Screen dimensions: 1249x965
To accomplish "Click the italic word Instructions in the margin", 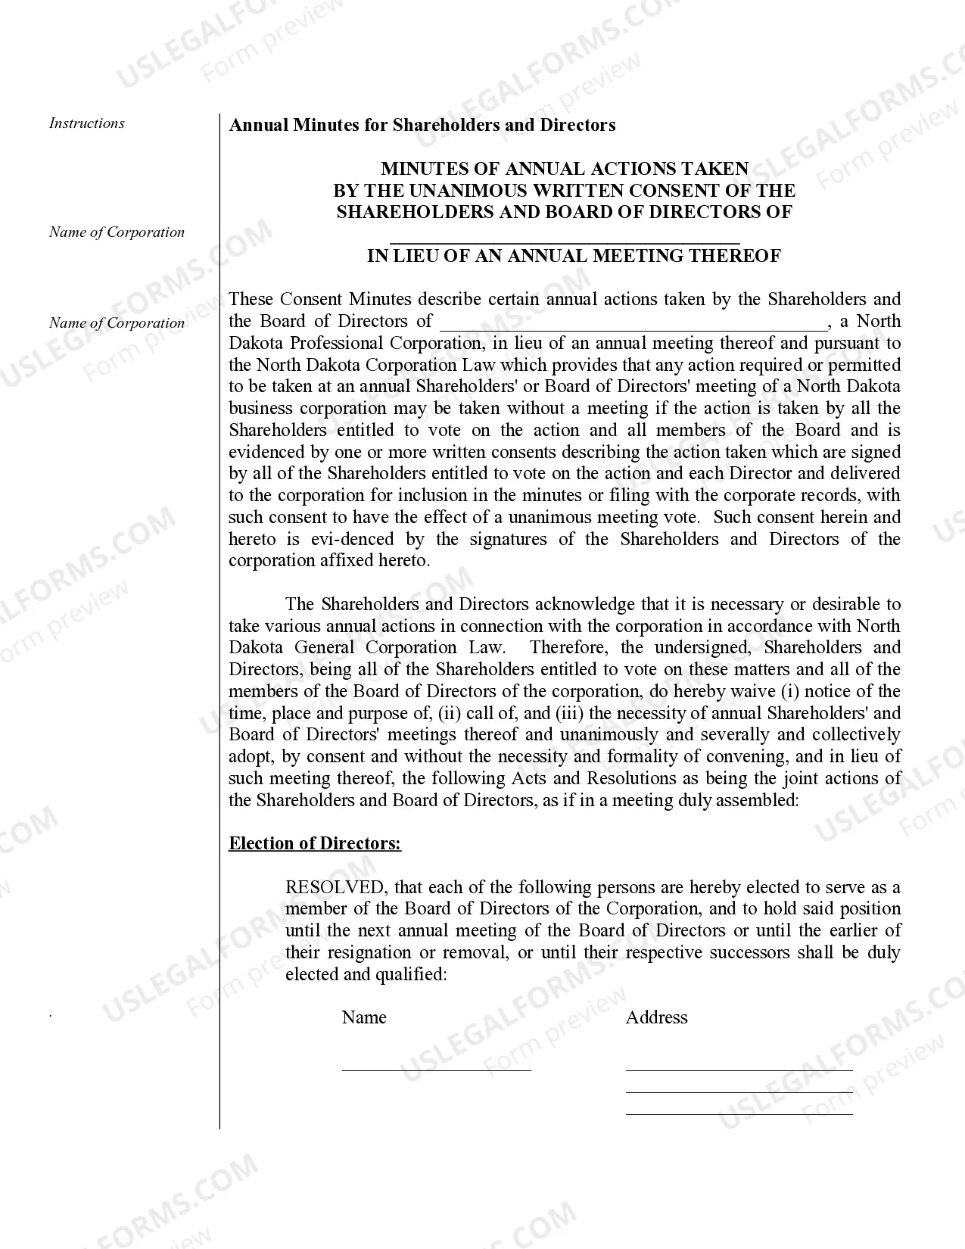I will pos(87,123).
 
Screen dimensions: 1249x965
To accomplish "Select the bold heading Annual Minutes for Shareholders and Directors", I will pos(422,125).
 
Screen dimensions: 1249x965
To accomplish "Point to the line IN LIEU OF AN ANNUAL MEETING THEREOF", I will pos(574,256).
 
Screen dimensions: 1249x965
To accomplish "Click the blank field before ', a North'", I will pos(633,324).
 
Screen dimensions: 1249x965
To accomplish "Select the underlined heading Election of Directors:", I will pos(315,843).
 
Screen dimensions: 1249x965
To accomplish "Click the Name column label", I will pos(364,1017).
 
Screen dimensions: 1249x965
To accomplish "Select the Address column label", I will pos(656,1017).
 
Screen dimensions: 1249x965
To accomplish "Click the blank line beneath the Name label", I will pos(436,1069).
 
